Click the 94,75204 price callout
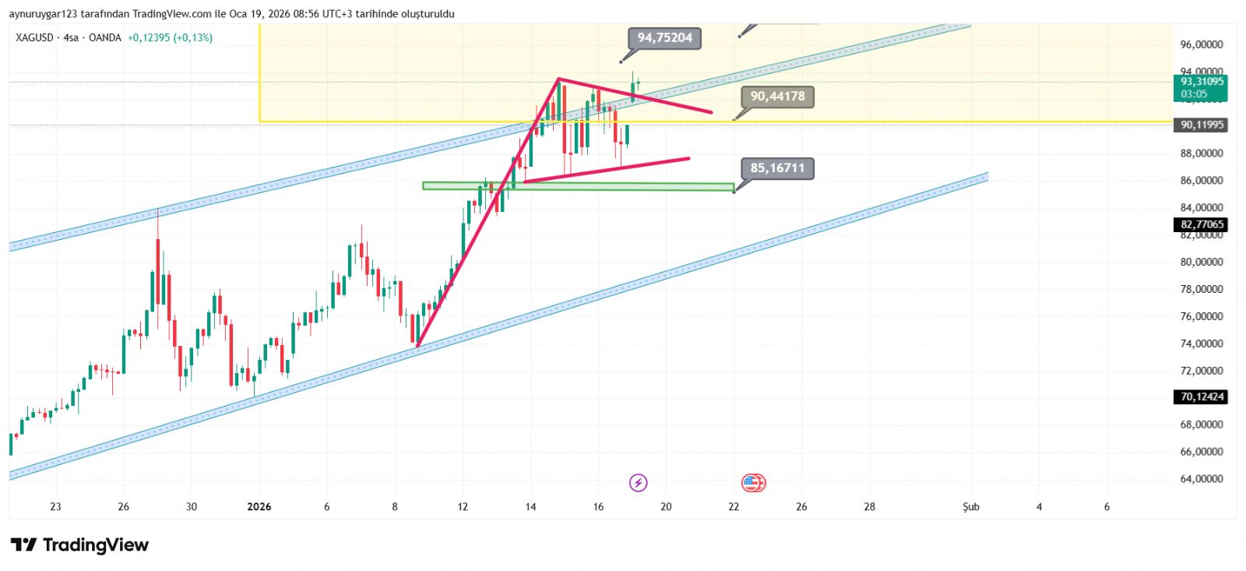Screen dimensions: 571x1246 (x=664, y=38)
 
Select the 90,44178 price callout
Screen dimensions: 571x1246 (x=777, y=97)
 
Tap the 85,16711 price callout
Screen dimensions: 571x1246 (x=777, y=168)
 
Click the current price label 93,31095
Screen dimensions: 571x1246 (x=1202, y=82)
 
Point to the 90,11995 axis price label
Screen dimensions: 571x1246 (x=1202, y=125)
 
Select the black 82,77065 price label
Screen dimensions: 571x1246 (x=1202, y=224)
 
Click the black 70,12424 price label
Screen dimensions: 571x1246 (x=1202, y=397)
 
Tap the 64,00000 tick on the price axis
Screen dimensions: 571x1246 (x=1202, y=479)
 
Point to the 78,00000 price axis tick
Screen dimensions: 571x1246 (x=1202, y=289)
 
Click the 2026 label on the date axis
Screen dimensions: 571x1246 (x=259, y=507)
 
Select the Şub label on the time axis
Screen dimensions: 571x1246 (x=971, y=507)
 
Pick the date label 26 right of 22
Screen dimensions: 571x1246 (x=801, y=507)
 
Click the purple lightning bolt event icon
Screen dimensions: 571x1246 (x=638, y=483)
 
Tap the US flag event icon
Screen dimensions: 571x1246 (x=752, y=483)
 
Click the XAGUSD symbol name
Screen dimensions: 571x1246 (x=34, y=37)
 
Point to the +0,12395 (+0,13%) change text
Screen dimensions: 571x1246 (x=170, y=37)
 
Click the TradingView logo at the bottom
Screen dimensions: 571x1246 (x=79, y=545)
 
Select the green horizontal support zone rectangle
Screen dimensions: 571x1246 (x=578, y=187)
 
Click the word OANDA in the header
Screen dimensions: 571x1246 (x=104, y=37)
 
